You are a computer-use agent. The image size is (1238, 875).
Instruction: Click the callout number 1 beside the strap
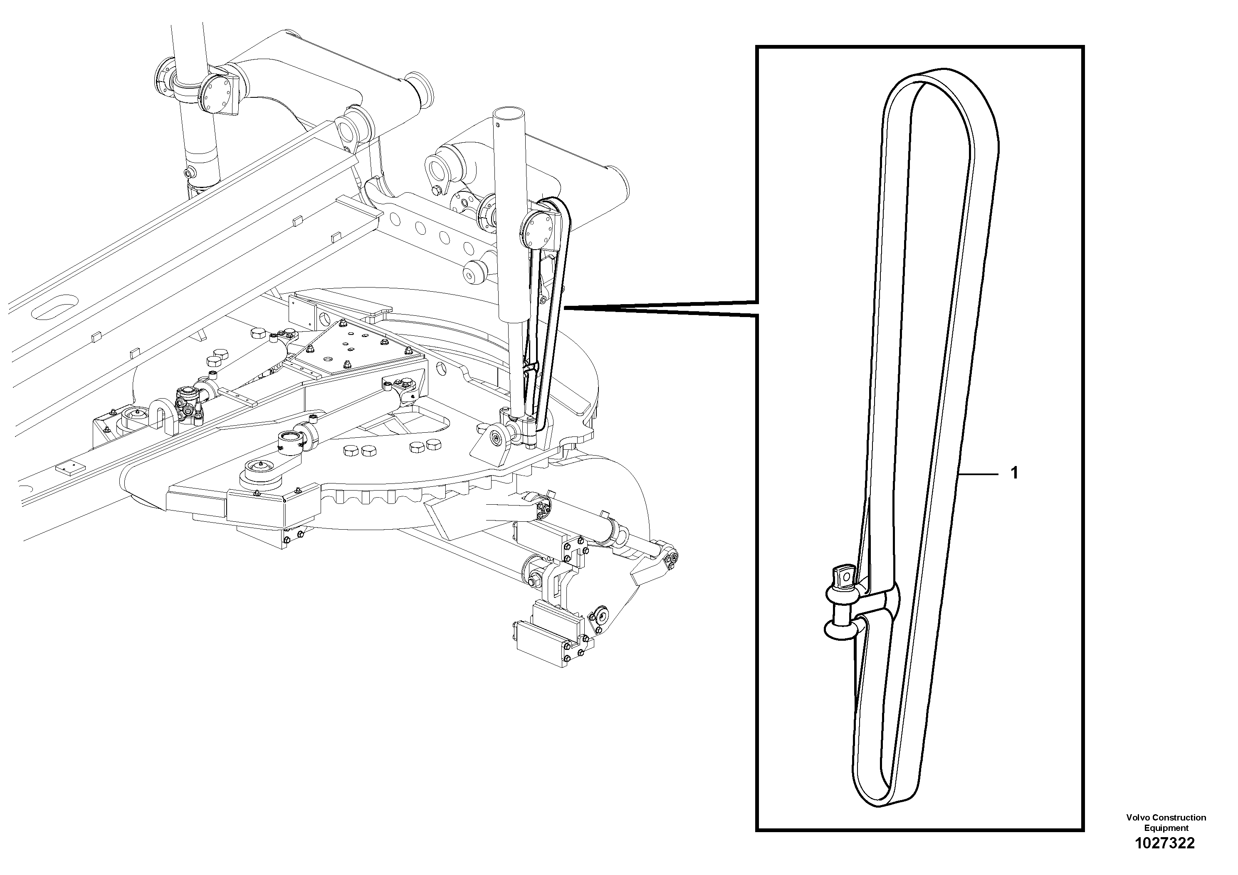click(x=1014, y=473)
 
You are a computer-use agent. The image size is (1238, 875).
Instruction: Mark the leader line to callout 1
click(x=981, y=473)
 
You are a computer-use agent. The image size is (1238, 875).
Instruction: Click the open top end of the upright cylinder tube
click(x=509, y=113)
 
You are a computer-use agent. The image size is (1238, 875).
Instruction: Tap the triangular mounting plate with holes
click(x=351, y=351)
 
